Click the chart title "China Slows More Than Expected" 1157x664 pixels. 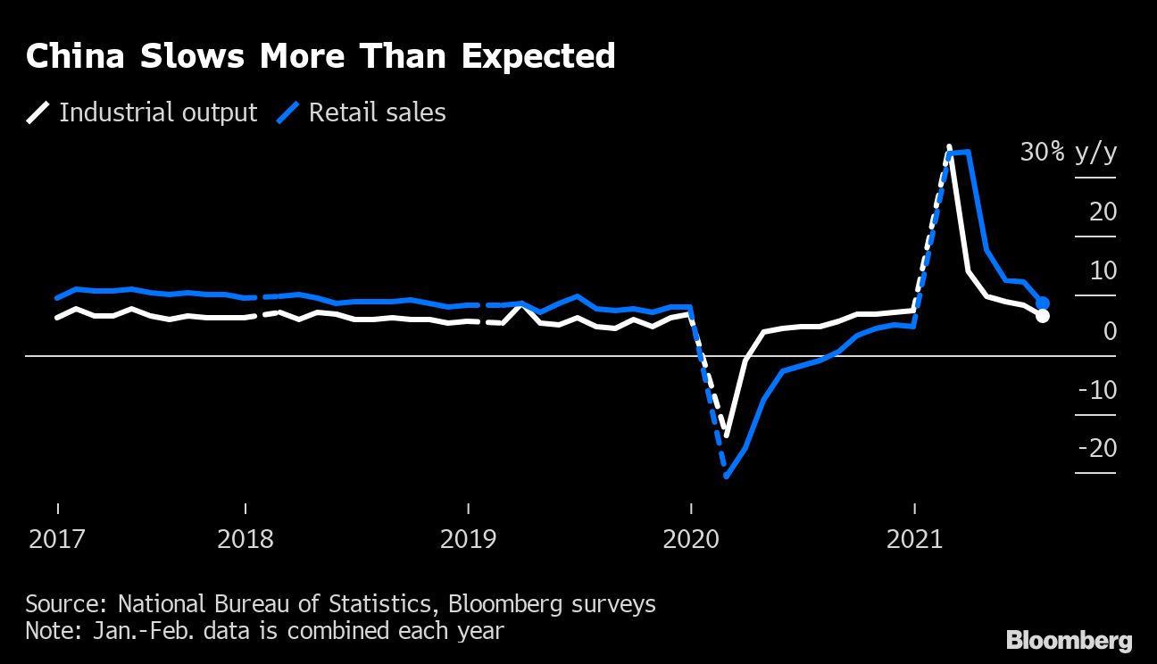320,57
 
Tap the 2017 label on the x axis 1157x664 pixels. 58,540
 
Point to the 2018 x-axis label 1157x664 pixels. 246,540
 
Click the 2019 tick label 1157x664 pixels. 468,540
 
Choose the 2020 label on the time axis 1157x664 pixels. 691,540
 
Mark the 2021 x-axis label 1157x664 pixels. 914,540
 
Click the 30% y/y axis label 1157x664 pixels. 1068,153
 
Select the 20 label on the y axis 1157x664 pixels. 1103,212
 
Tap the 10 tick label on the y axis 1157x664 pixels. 1103,271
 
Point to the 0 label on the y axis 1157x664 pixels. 1110,331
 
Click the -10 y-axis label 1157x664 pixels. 1097,390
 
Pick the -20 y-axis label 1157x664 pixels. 1097,448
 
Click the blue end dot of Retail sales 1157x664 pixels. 1042,303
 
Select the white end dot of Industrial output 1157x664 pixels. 1042,316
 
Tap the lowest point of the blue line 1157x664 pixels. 727,476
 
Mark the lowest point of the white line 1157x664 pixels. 727,436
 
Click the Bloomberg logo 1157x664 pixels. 1069,640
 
